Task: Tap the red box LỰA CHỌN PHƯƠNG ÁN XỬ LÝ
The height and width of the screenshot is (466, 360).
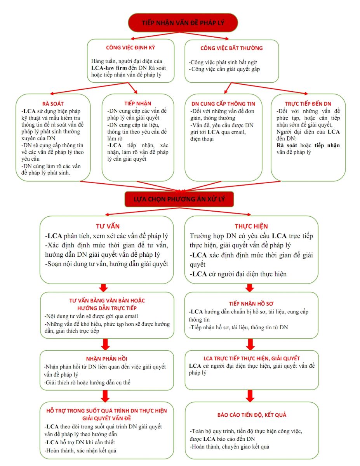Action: click(x=179, y=200)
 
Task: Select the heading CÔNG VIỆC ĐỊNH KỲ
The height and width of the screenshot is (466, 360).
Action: click(x=131, y=48)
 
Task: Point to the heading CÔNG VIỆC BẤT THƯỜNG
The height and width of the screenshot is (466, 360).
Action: click(x=231, y=48)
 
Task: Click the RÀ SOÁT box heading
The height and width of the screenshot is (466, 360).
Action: click(x=53, y=104)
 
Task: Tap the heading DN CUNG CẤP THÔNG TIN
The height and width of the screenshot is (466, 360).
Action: click(x=223, y=104)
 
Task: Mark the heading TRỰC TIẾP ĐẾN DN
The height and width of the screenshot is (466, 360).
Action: click(x=308, y=104)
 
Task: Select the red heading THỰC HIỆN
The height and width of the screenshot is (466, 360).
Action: click(x=251, y=226)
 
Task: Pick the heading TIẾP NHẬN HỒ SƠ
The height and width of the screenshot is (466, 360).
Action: click(x=251, y=303)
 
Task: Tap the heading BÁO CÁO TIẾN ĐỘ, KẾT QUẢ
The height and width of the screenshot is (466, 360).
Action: click(x=252, y=415)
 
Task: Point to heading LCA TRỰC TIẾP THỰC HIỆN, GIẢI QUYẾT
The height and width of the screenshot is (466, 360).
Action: click(x=252, y=358)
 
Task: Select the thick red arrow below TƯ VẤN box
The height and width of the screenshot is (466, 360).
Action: click(x=103, y=287)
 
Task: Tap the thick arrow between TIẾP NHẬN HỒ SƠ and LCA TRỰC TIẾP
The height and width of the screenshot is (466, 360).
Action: click(x=250, y=344)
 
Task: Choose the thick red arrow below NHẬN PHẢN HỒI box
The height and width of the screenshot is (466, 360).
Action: click(x=104, y=395)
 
